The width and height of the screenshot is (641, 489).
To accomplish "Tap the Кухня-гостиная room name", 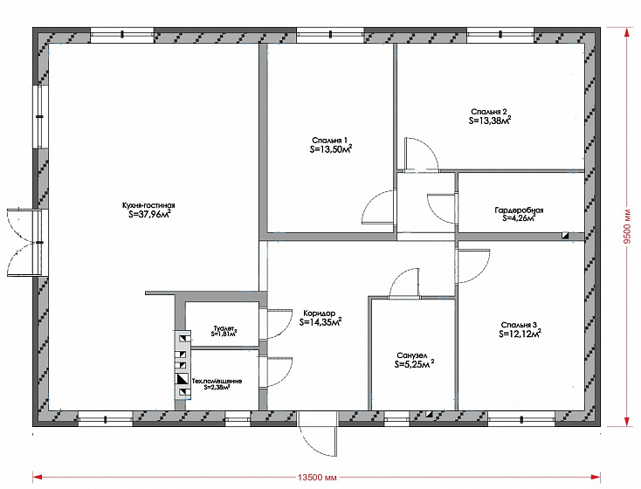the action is click(148, 206).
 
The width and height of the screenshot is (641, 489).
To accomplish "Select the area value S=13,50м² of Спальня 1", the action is click(331, 148).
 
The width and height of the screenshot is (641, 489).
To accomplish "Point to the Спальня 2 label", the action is click(489, 112).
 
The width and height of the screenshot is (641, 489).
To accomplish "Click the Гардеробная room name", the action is click(519, 210).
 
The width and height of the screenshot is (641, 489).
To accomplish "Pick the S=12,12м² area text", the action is click(520, 334).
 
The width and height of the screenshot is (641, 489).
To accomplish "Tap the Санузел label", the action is click(411, 355).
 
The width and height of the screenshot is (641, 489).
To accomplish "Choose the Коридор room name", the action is click(320, 313).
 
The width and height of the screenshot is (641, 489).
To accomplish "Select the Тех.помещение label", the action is click(217, 381).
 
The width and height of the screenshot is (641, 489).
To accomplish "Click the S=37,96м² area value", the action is click(149, 214).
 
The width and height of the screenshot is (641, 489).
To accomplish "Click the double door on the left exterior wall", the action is click(24, 243).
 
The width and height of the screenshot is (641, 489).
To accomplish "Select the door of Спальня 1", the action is click(379, 207).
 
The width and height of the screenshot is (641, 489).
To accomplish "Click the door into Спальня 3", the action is click(473, 266).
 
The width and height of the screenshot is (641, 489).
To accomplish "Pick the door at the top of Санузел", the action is click(403, 283).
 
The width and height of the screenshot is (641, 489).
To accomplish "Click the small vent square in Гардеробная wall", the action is click(566, 235).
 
